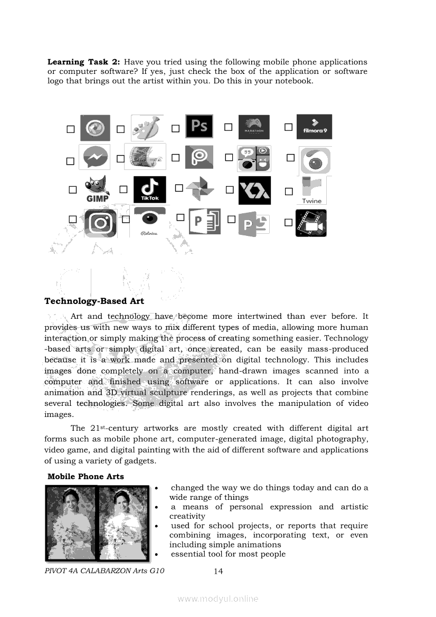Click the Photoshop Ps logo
tap(199, 127)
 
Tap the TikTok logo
tap(149, 189)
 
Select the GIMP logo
tap(97, 189)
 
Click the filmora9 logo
tap(314, 127)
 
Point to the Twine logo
tap(312, 191)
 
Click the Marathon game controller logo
tap(254, 127)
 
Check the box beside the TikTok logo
tap(124, 189)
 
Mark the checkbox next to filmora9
tap(288, 127)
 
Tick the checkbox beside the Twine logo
tap(288, 192)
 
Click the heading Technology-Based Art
tap(94, 301)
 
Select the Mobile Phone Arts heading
tap(86, 476)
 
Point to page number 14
tap(219, 571)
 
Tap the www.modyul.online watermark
tap(218, 599)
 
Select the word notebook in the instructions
tap(293, 81)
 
